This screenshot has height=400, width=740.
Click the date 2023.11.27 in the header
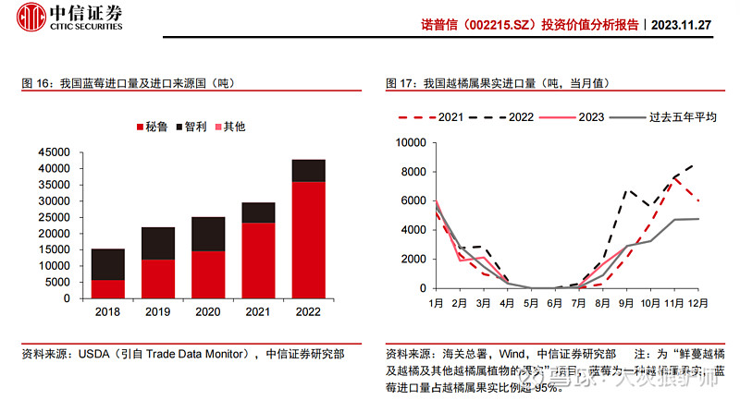tap(681, 25)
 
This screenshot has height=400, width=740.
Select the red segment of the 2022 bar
tap(308, 240)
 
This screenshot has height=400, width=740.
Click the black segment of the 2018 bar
tap(108, 264)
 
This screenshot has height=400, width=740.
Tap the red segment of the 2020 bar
tap(208, 274)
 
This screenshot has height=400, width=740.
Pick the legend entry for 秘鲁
tap(151, 127)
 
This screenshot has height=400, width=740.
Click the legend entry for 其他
tap(229, 127)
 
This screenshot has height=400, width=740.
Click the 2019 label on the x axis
tap(158, 312)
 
